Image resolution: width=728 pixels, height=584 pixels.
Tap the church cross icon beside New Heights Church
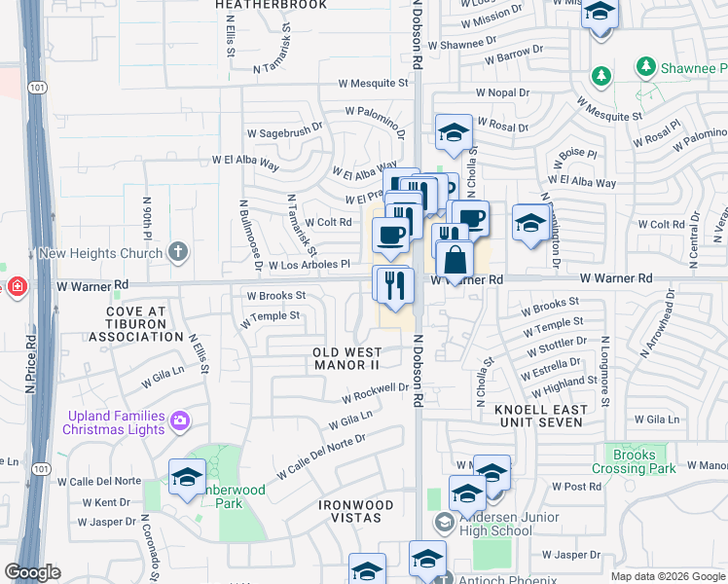176,252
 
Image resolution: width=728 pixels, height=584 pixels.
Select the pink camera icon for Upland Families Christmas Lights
179,421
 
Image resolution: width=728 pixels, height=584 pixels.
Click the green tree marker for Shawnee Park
644,67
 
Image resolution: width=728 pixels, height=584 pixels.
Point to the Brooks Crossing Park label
644,461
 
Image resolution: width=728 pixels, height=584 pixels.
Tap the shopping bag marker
455,260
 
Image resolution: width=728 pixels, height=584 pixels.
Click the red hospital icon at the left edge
17,286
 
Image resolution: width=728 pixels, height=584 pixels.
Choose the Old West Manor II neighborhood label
346,357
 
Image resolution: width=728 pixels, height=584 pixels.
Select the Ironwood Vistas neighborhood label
355,512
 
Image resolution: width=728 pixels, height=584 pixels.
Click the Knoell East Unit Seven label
541,416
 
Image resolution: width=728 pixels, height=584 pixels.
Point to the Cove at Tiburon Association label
135,324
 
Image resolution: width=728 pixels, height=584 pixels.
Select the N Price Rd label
31,365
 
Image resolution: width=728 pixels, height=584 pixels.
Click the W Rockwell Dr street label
375,392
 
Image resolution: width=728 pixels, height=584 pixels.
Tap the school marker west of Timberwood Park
187,477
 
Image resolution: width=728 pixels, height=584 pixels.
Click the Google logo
32,573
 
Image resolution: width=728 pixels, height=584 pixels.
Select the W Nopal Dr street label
502,92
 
